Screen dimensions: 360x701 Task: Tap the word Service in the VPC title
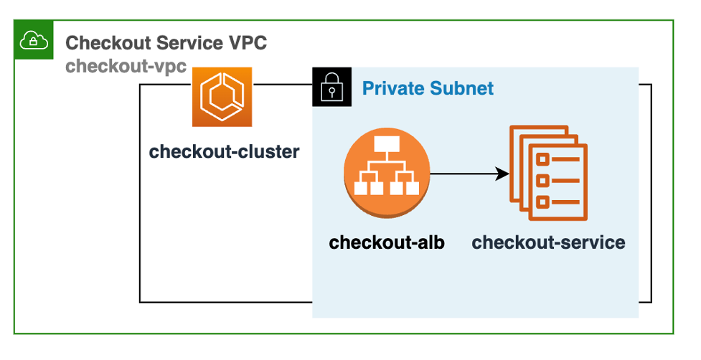click(180, 43)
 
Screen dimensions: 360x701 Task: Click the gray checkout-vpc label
click(126, 66)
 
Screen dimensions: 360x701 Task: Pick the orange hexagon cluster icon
click(222, 97)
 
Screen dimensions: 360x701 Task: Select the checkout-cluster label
click(224, 152)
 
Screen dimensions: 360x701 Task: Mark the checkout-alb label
click(387, 242)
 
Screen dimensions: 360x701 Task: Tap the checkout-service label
click(548, 242)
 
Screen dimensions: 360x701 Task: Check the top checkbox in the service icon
click(543, 158)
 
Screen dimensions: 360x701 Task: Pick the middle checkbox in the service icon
click(543, 180)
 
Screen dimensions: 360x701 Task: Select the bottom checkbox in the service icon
click(543, 202)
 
